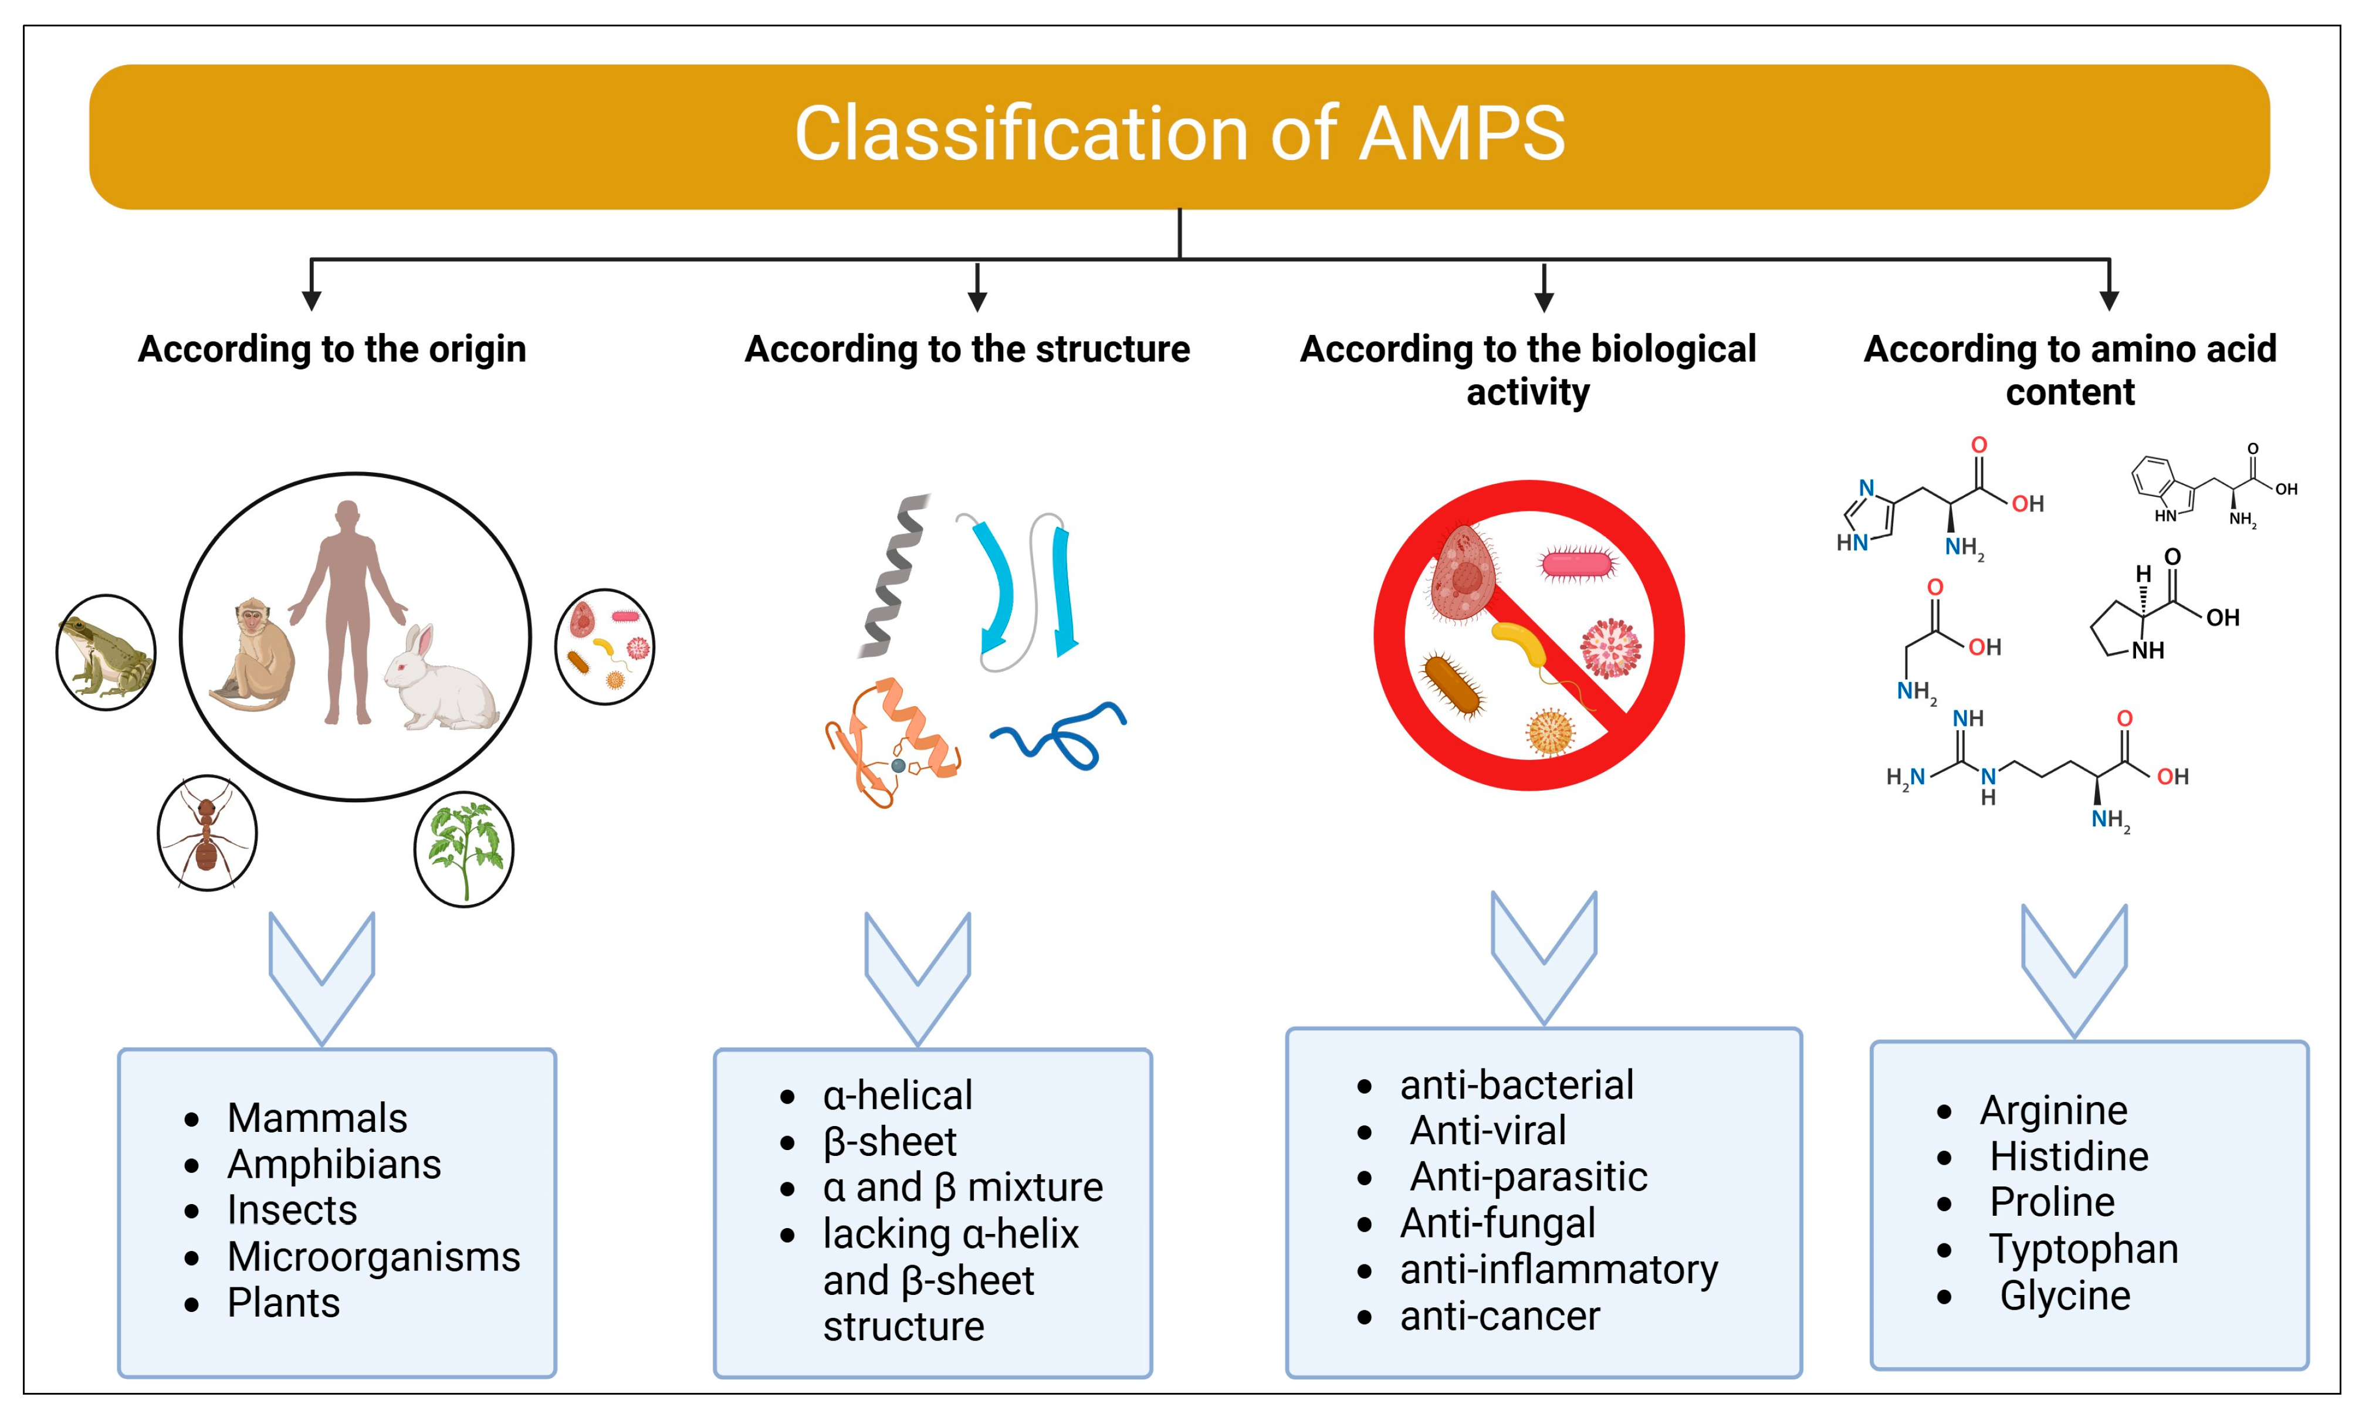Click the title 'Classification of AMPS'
tap(1179, 134)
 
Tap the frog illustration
tap(105, 654)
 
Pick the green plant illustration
tap(464, 848)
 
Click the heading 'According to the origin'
tap(331, 349)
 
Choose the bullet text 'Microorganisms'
tap(373, 1257)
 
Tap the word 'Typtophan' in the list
tap(2083, 1249)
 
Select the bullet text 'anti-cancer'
tap(1500, 1316)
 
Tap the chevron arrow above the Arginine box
tap(2074, 967)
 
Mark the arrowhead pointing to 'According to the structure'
tap(977, 300)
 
